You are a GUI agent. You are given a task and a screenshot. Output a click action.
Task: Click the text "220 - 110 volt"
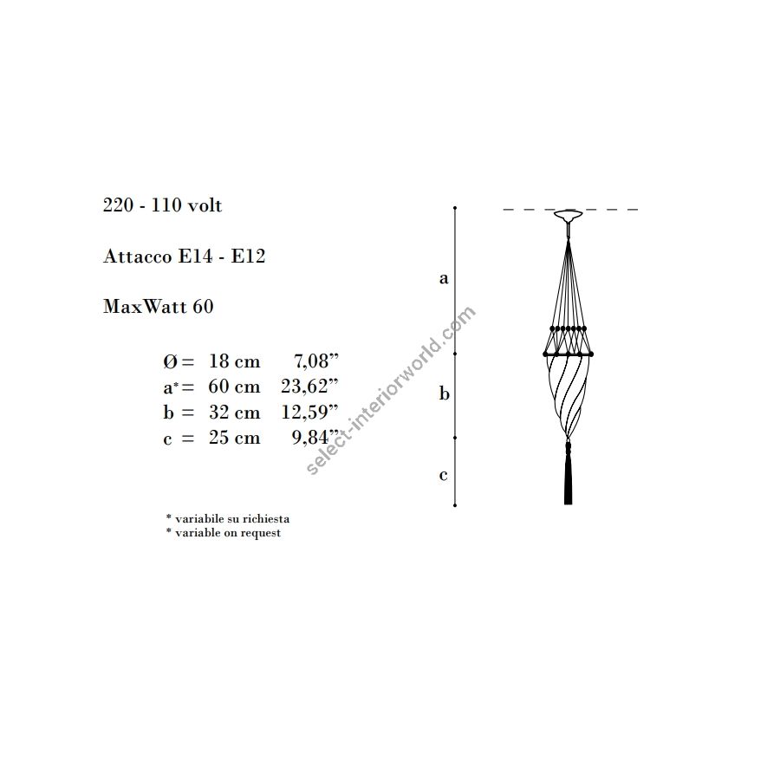[162, 205]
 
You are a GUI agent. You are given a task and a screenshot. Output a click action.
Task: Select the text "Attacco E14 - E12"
[184, 257]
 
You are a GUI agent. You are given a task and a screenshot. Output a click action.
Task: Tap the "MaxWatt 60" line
[159, 306]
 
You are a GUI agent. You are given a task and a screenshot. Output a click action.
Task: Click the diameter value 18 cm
[234, 361]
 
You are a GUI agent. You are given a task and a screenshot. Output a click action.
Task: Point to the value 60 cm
[234, 386]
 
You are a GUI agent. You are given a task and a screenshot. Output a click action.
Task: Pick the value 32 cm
[234, 412]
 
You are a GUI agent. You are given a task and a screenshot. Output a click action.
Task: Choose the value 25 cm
[234, 438]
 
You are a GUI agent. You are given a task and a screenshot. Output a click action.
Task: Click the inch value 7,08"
[315, 361]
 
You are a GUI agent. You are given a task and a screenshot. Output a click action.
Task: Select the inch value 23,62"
[309, 386]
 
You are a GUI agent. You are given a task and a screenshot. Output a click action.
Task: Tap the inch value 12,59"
[309, 412]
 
